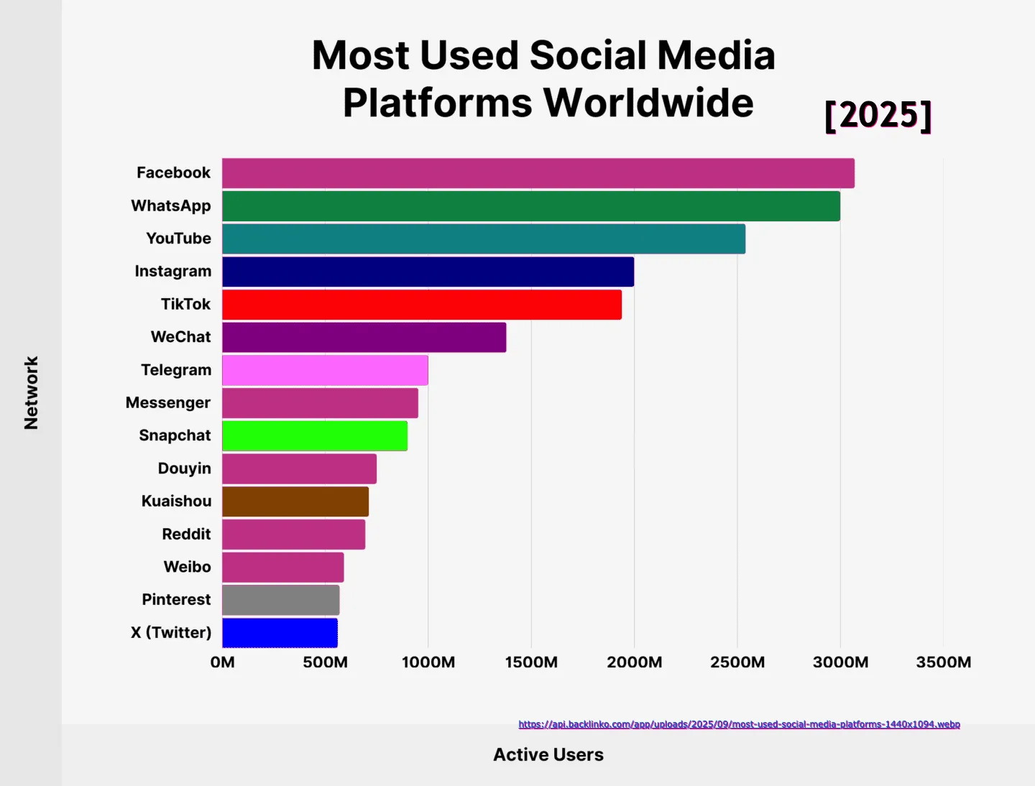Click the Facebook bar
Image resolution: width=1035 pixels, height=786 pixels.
[x=538, y=173]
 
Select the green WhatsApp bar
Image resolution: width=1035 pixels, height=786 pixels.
[x=530, y=206]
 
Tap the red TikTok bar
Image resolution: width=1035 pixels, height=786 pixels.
[x=421, y=305]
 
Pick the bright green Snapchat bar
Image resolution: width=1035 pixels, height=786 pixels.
[x=314, y=436]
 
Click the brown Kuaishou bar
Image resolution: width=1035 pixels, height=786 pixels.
[x=295, y=501]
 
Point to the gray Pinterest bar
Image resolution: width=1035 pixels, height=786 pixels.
[x=280, y=600]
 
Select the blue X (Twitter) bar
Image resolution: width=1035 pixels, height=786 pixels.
[x=280, y=633]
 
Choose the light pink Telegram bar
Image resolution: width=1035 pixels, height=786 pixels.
[x=325, y=370]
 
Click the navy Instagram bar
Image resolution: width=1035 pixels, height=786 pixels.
[x=428, y=272]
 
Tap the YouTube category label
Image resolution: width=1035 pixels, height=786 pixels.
[x=178, y=239]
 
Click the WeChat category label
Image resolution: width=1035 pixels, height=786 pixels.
[x=180, y=337]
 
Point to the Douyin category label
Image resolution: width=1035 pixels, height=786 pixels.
[x=184, y=468]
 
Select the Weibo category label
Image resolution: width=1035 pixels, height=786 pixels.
[x=187, y=567]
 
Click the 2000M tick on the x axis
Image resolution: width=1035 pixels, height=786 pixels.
[x=634, y=662]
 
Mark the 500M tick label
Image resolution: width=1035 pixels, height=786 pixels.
[x=325, y=662]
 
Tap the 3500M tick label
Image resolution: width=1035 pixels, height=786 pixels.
[x=943, y=662]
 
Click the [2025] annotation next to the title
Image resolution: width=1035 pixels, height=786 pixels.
[x=878, y=115]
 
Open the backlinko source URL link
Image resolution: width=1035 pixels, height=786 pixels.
[x=739, y=724]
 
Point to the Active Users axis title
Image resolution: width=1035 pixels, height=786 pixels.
[x=548, y=754]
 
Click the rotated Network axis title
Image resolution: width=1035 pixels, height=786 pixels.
[x=31, y=393]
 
